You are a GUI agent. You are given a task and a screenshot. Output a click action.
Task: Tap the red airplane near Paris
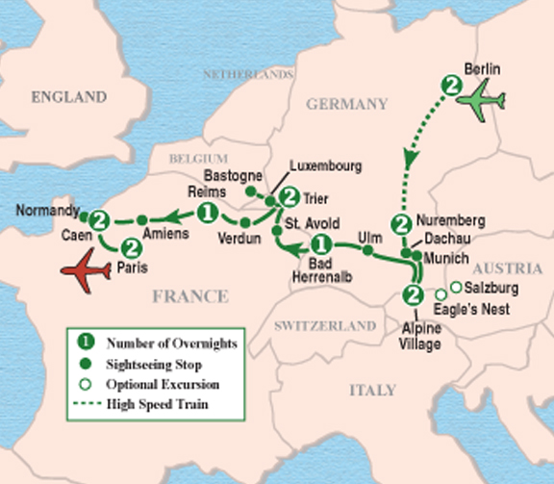point(87,274)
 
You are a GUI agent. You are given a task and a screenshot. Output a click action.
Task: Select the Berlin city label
point(483,69)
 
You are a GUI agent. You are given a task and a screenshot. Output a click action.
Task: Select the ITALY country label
point(371,390)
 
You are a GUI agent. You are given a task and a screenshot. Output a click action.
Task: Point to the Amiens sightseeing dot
point(141,218)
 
